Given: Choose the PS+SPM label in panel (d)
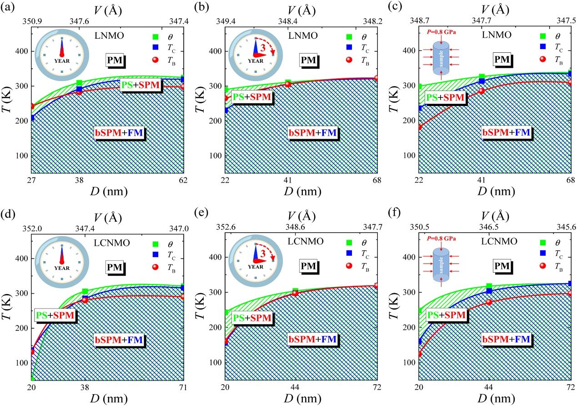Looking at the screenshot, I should [55, 315].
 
